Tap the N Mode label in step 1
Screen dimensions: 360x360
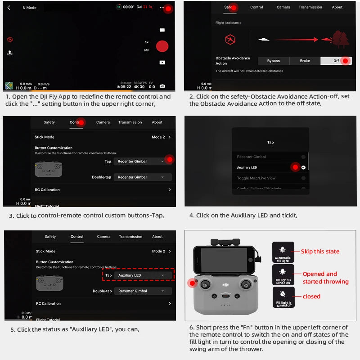pyautogui.click(x=29, y=8)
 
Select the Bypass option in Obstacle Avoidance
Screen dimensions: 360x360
pyautogui.click(x=273, y=61)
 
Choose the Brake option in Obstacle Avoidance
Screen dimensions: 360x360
pyautogui.click(x=305, y=61)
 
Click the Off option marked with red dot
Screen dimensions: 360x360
pyautogui.click(x=337, y=61)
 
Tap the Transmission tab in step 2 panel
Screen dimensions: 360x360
pyautogui.click(x=310, y=7)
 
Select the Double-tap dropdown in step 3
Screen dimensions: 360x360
pyautogui.click(x=143, y=177)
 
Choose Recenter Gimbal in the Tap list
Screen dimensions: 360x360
pyautogui.click(x=252, y=157)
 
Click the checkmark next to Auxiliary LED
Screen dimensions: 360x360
pyautogui.click(x=303, y=167)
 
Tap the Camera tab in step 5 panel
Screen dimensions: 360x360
pyautogui.click(x=103, y=236)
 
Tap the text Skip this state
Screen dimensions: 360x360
pyautogui.click(x=320, y=252)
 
